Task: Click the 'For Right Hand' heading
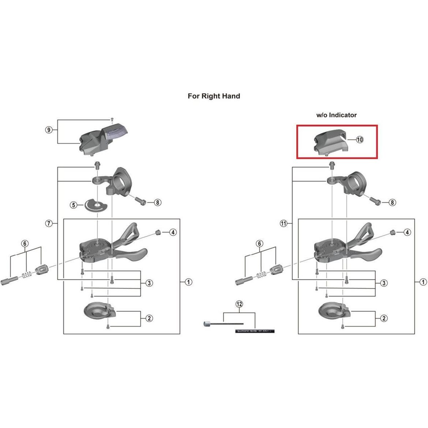[214, 96]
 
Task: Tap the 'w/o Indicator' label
[336, 115]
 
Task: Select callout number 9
[49, 130]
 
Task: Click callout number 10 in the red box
[359, 139]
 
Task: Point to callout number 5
[74, 205]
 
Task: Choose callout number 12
[239, 304]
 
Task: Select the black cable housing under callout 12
[254, 331]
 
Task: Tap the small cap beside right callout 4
[392, 232]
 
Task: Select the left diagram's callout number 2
[149, 318]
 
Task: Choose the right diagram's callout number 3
[383, 283]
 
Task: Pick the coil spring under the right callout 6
[261, 274]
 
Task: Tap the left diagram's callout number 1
[188, 282]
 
